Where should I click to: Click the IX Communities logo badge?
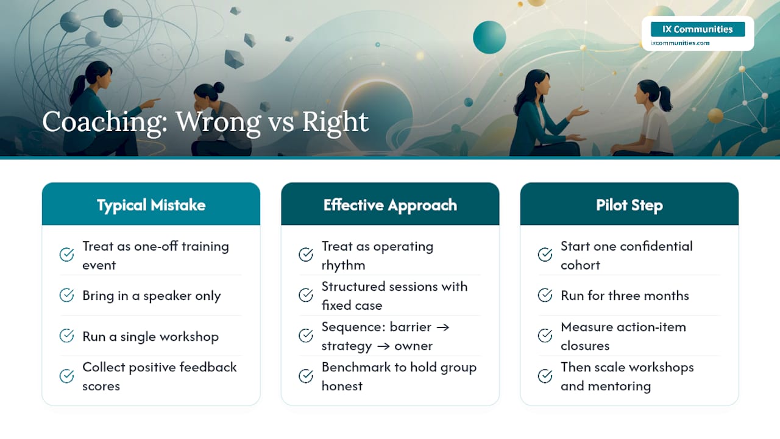(x=698, y=29)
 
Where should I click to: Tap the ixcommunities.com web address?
(x=679, y=43)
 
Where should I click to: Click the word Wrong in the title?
(x=218, y=122)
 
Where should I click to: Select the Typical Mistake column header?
(x=151, y=204)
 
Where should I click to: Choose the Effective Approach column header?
(x=390, y=204)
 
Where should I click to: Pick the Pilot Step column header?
(x=629, y=204)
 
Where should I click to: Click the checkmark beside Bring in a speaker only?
(x=66, y=295)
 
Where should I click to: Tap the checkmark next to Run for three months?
(x=545, y=295)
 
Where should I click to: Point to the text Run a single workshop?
(x=151, y=336)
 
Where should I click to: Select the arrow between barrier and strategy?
(x=442, y=327)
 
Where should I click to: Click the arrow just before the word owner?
(x=383, y=346)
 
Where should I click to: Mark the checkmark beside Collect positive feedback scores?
(x=66, y=376)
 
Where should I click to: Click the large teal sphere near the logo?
(x=489, y=37)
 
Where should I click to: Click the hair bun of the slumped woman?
(x=219, y=87)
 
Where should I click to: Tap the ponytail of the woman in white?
(x=665, y=99)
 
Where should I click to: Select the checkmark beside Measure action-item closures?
(x=545, y=335)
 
